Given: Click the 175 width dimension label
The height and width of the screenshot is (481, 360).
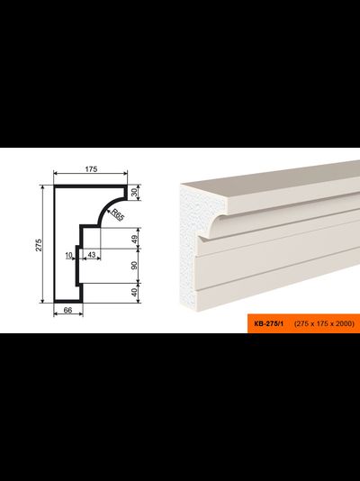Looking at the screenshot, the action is [x=91, y=169].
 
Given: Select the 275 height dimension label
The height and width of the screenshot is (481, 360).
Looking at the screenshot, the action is [x=39, y=244].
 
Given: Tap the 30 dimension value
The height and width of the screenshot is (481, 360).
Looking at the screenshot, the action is [x=135, y=193].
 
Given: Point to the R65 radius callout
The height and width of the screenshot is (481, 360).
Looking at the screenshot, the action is [x=117, y=214].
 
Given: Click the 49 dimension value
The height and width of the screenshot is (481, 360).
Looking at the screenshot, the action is [x=135, y=238].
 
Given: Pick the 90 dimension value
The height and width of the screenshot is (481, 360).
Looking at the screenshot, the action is [x=135, y=266].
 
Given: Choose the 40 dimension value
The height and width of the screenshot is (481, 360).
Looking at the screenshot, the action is [x=135, y=293].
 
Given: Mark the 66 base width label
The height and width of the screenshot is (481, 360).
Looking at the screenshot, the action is [x=67, y=310].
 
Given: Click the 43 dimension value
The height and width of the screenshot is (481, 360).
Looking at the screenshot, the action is [x=91, y=254].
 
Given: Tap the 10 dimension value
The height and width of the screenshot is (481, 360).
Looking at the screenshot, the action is [x=68, y=255].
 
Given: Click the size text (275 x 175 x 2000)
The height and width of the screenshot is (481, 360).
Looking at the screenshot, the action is [x=324, y=323].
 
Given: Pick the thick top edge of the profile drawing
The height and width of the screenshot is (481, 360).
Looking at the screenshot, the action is [x=90, y=186].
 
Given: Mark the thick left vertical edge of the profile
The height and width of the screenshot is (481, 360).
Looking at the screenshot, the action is [x=55, y=244].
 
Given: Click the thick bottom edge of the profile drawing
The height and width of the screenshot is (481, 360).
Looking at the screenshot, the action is [x=68, y=301].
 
